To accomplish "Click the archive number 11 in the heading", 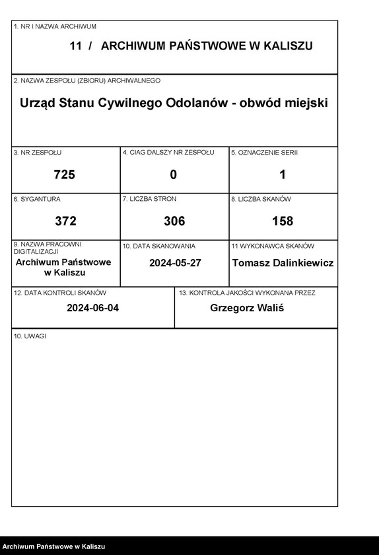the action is coord(75,46).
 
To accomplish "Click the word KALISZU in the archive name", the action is coord(285,46).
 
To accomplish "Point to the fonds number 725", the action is coord(65,174).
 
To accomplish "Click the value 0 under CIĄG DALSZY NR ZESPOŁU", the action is coord(174,174).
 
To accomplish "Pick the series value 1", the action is coord(283,174).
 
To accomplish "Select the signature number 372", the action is coord(65,221).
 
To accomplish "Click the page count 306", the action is coord(174,221).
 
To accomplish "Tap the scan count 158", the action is coord(283,221).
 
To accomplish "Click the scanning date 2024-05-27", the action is coord(175,262).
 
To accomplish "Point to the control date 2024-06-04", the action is coord(93,308).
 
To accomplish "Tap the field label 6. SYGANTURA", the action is coord(37,199).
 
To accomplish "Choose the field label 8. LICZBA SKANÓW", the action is coord(261,199).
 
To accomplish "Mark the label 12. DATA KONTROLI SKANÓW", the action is coord(59,292).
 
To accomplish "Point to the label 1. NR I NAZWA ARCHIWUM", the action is coord(55,26).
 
